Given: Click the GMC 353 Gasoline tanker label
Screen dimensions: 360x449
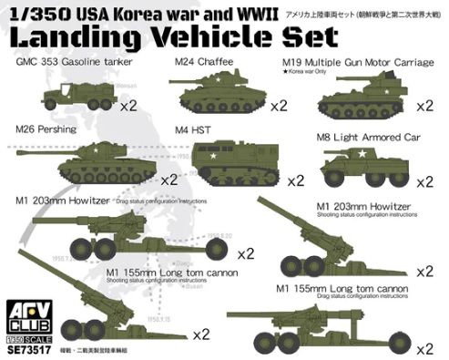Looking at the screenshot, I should pos(81,65).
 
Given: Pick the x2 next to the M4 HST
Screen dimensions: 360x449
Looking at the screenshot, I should pos(293,180).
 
